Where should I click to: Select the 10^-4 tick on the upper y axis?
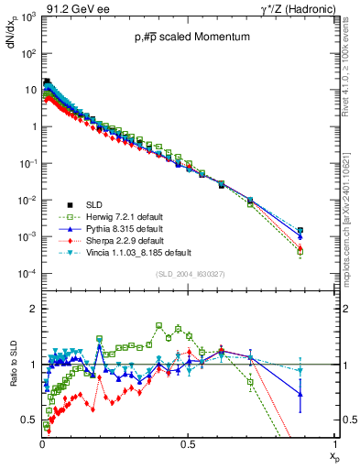tap(27, 274)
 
